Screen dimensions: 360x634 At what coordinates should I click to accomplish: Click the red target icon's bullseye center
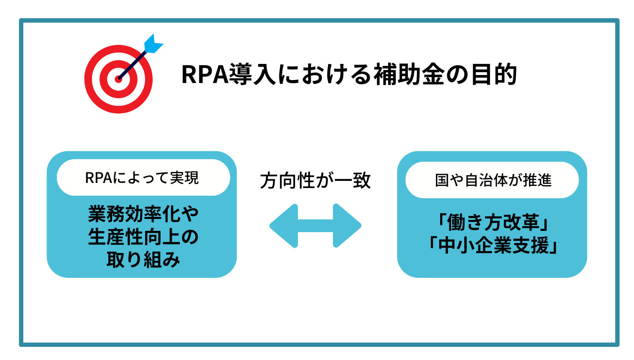coord(118,79)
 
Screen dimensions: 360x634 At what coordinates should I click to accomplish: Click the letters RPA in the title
coord(204,75)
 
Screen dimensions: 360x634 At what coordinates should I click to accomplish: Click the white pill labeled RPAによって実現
coord(143,178)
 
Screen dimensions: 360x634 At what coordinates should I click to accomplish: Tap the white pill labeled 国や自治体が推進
coord(492,180)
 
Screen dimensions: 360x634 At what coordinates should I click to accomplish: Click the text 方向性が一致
coord(315,181)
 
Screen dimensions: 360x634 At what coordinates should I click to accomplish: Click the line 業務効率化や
coord(143,214)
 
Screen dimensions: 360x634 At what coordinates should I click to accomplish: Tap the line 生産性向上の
coord(143,237)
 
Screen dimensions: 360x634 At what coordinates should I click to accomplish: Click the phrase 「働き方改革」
coord(492,223)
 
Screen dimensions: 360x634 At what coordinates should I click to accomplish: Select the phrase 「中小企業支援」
coord(492,246)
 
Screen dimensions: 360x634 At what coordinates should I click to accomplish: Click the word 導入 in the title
coord(253,75)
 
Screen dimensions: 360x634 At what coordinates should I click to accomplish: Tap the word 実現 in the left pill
coord(184,178)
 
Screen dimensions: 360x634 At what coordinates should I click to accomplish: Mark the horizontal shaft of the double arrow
coord(315,226)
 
